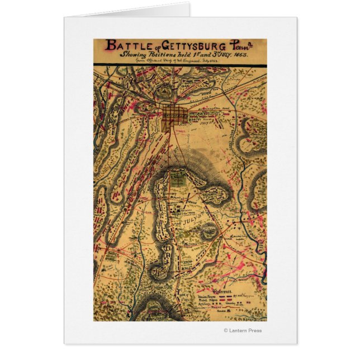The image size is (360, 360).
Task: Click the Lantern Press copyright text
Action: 243,331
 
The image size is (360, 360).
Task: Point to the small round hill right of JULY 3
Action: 210,229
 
